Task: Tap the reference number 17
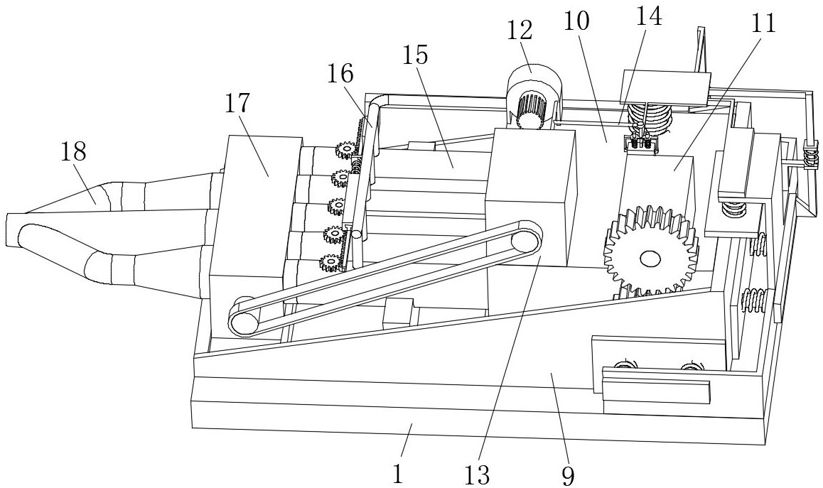239,103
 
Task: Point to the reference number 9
567,475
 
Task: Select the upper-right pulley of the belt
527,239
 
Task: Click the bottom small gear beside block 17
330,264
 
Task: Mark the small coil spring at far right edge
808,156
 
